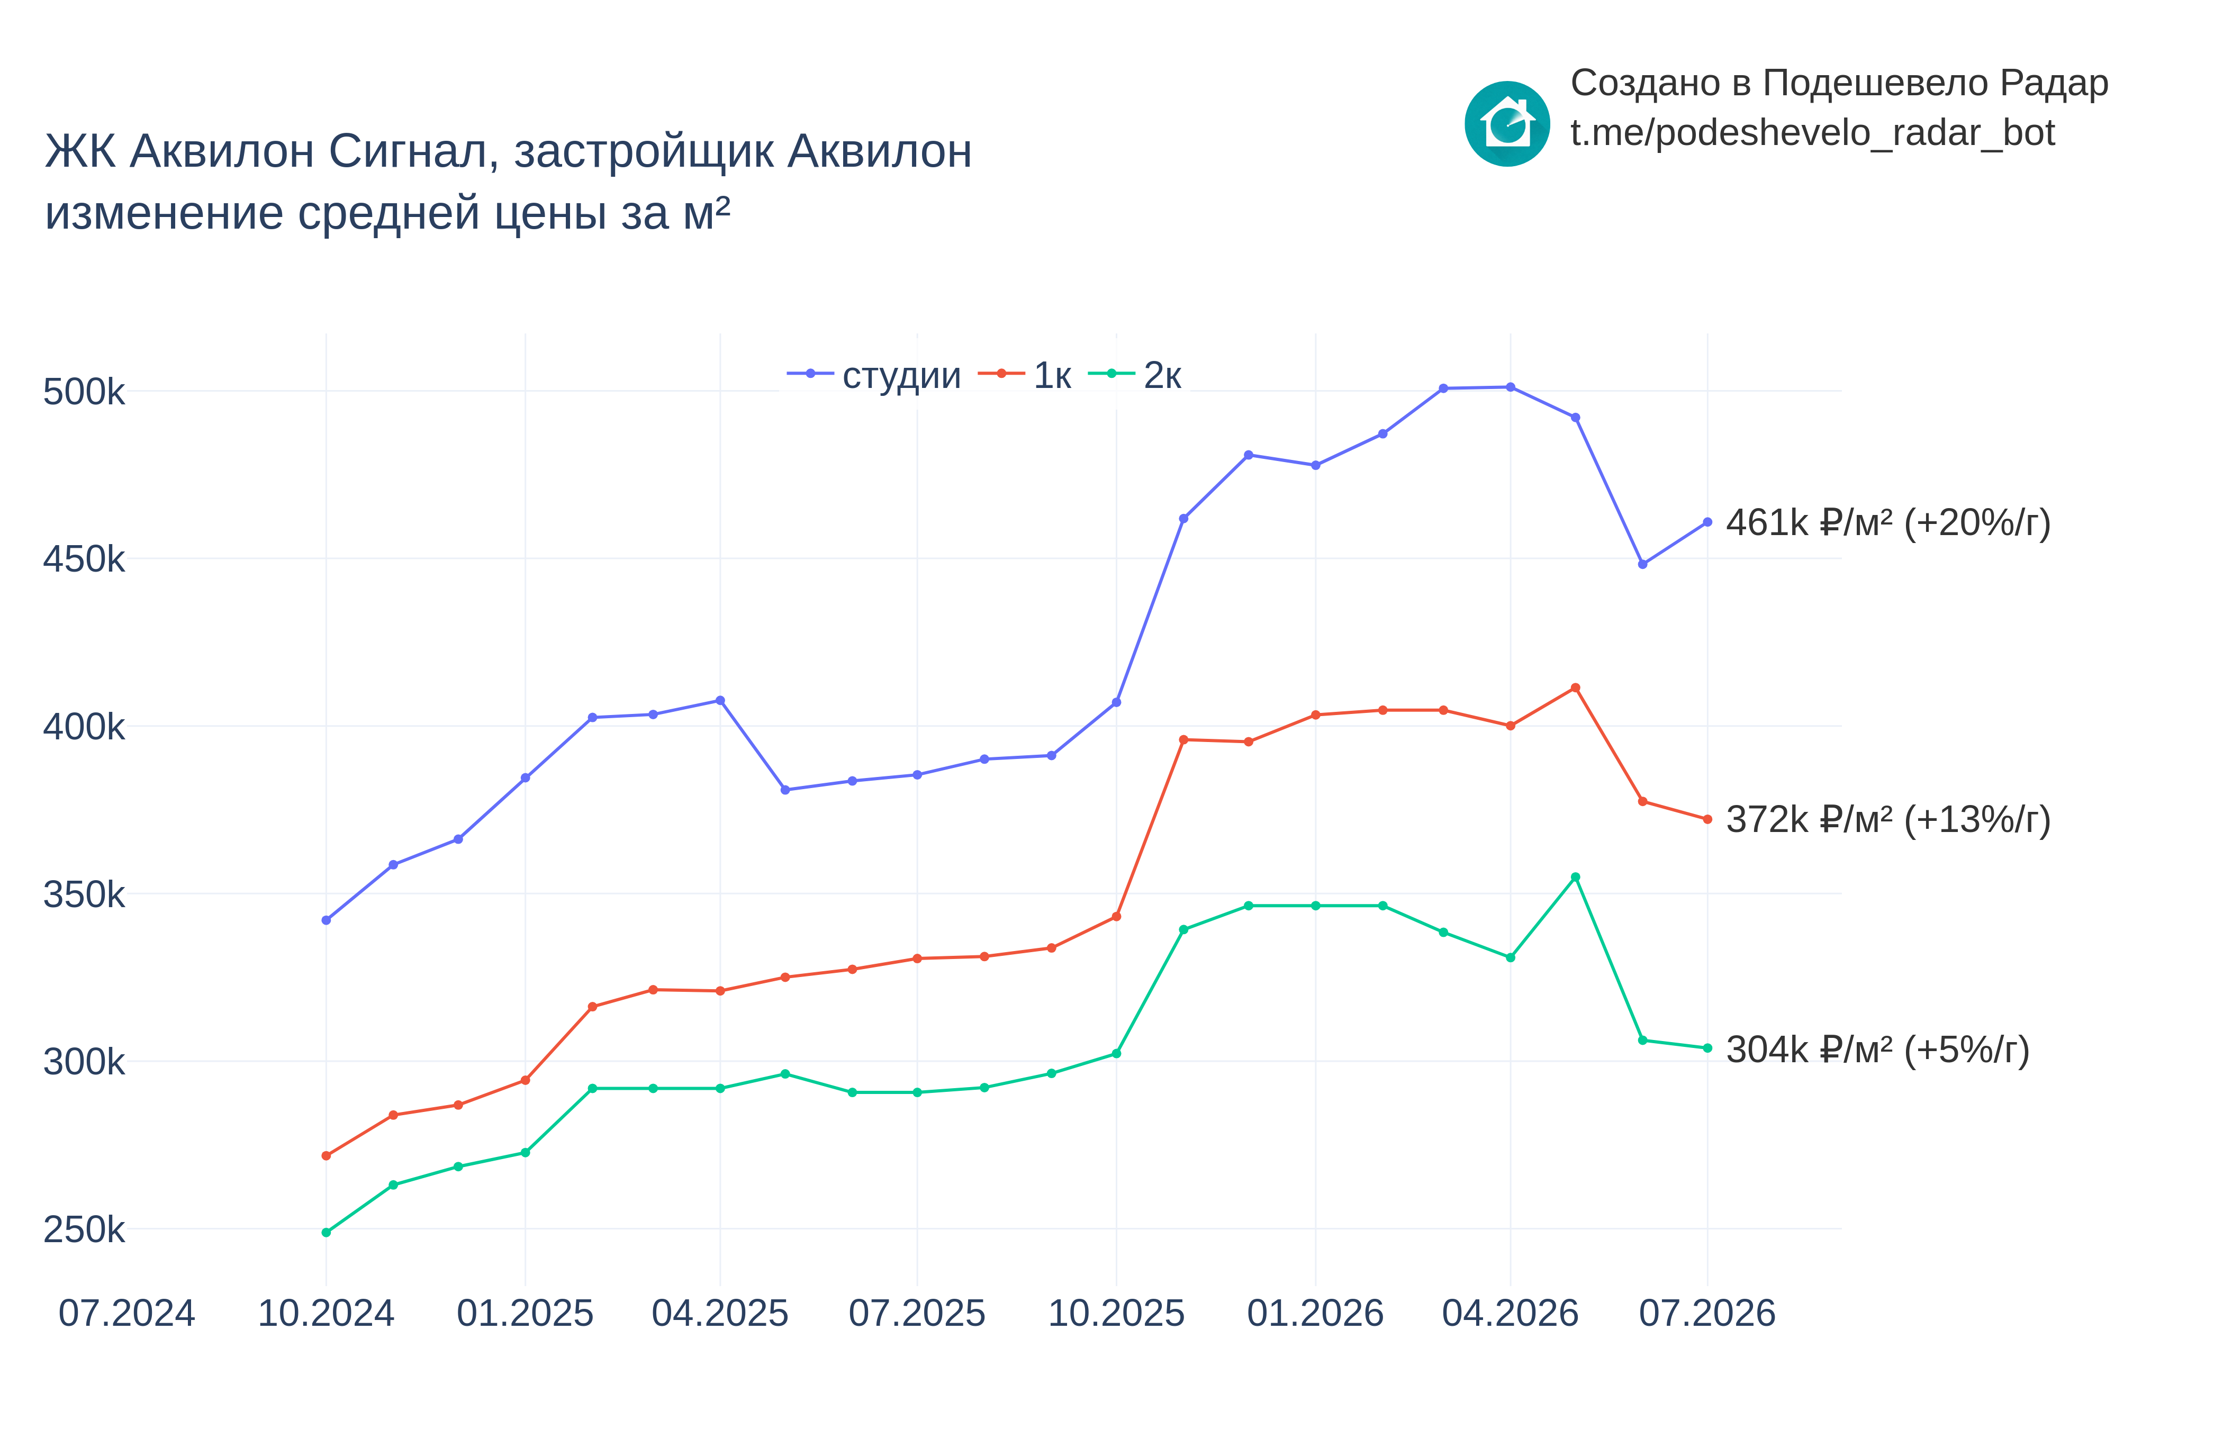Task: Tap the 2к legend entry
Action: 1134,375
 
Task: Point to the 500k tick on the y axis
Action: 84,392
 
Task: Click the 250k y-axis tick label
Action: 84,1229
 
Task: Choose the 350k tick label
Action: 84,894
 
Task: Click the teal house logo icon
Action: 1507,123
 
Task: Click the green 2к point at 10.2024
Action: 326,1232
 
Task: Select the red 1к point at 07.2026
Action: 1707,819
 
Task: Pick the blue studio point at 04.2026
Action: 1511,387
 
